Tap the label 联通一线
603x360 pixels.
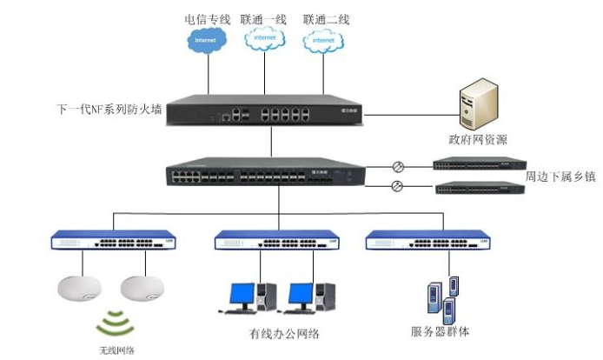click(x=265, y=18)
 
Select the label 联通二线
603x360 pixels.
click(x=326, y=18)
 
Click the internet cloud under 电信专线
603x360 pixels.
click(x=207, y=40)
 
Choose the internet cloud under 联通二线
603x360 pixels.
click(x=323, y=40)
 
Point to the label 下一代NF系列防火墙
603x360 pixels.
click(x=109, y=110)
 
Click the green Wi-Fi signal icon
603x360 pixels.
click(x=116, y=323)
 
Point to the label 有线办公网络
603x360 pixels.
click(x=284, y=335)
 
